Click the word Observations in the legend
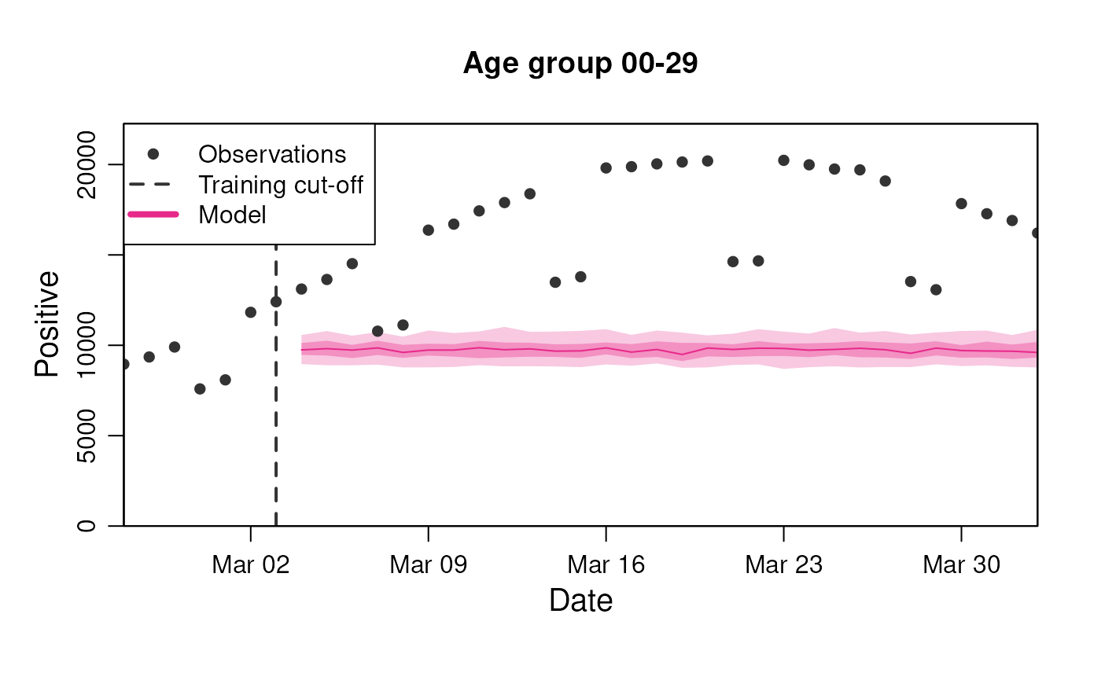point(272,154)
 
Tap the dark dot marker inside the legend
point(153,154)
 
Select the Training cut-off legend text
point(280,185)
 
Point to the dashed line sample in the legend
point(149,185)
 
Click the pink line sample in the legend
point(153,214)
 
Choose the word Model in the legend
point(232,215)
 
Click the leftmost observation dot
point(124,364)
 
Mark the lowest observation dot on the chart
point(200,388)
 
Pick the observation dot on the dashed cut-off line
point(276,302)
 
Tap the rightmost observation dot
point(1036,233)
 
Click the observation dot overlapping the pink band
point(377,331)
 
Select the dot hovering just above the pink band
point(403,325)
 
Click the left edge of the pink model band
point(303,350)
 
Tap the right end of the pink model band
point(1035,349)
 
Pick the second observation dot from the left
point(149,357)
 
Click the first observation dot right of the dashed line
point(301,289)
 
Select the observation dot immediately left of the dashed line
point(251,312)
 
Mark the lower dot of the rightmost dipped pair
point(936,289)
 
